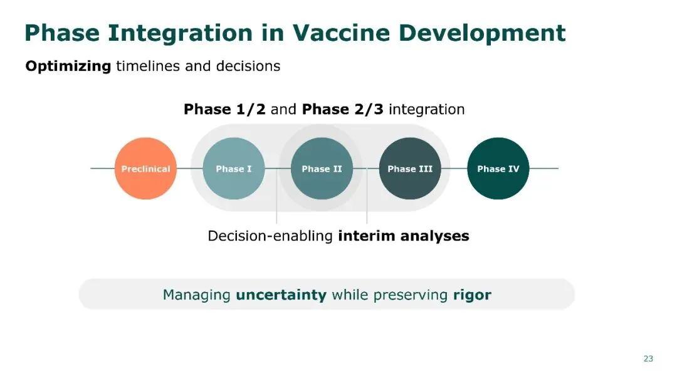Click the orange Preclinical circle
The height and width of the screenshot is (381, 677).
pos(145,169)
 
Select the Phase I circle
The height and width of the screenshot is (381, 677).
pos(234,169)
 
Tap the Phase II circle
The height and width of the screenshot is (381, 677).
pos(322,169)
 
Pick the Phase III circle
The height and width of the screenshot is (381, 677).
pos(410,169)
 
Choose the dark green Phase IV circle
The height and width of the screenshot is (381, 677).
pos(498,169)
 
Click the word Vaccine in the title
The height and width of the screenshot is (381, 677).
pos(341,33)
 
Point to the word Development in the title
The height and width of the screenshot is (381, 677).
pos(482,34)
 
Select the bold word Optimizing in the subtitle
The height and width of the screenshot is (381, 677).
pos(68,66)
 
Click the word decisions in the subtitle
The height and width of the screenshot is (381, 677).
pos(248,66)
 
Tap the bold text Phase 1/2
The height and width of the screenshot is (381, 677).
pos(224,109)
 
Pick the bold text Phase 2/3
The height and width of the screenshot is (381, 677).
pos(342,109)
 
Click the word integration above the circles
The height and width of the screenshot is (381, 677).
pos(427,110)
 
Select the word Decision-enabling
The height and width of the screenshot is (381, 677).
pos(270,236)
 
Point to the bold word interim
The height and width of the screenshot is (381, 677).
pos(367,236)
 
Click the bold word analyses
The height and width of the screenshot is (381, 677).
pos(435,236)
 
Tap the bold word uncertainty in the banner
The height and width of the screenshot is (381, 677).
pos(281,295)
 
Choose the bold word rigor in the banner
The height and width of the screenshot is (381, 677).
pos(472,295)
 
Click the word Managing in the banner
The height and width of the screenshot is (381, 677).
pos(196,295)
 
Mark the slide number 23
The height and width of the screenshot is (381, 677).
pos(648,358)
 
